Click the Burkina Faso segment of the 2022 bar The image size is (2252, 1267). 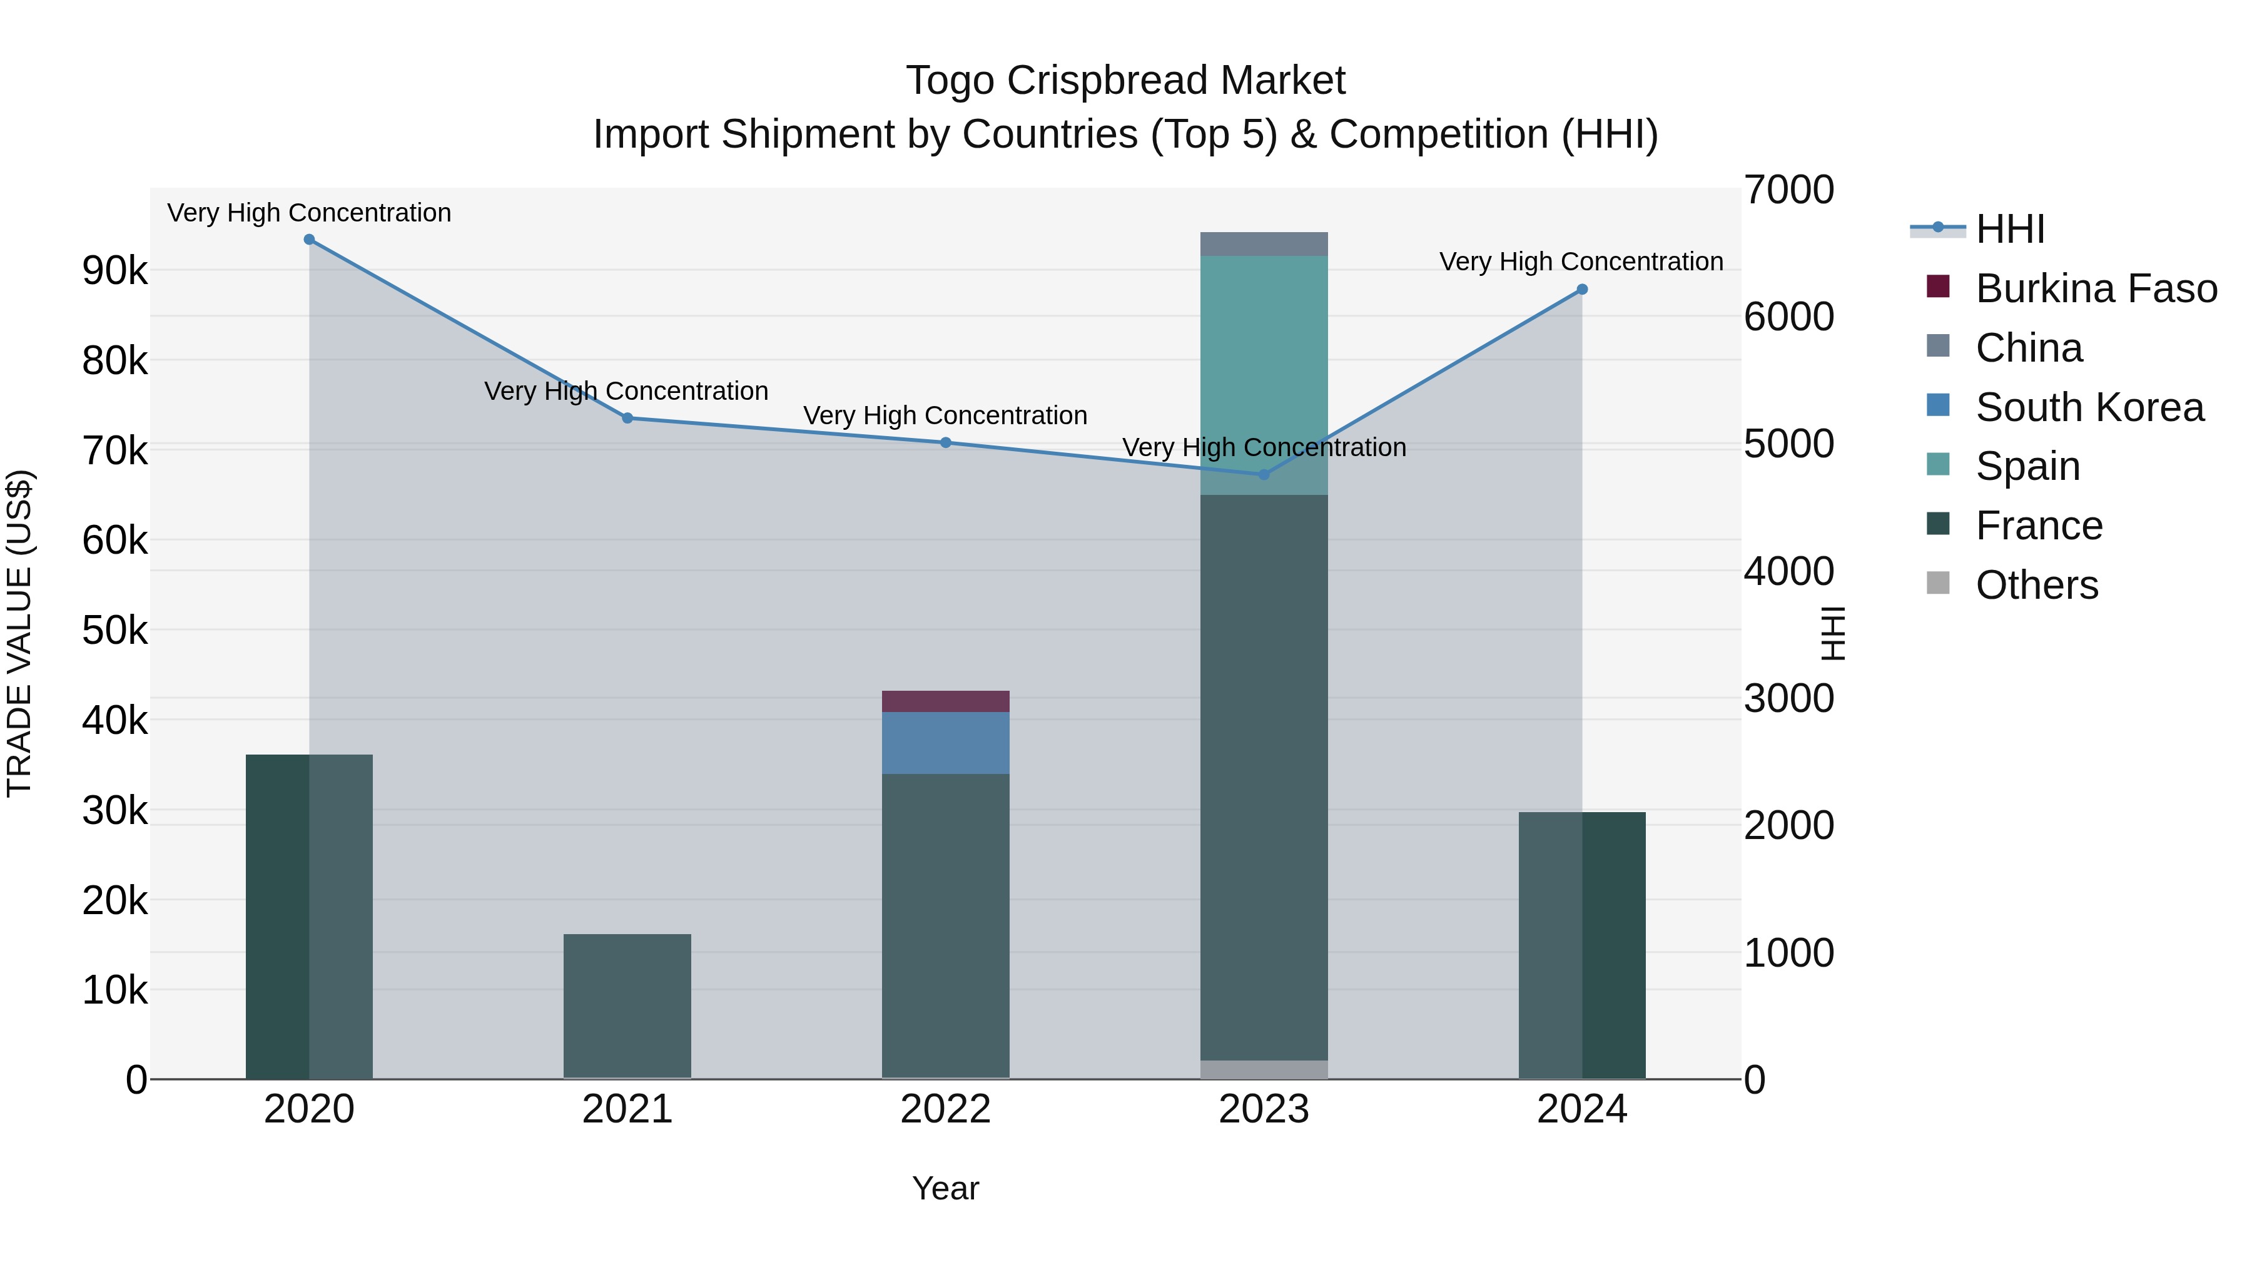coord(945,701)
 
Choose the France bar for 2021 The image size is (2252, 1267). coord(627,1005)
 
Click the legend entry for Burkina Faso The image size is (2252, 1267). coord(2096,288)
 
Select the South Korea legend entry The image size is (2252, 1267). coord(2089,407)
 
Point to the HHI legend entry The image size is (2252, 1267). coord(2009,229)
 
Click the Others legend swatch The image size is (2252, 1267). coord(1938,583)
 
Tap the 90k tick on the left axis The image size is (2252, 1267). coord(114,271)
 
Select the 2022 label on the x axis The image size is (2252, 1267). coord(945,1109)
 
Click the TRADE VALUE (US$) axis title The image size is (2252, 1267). coord(20,633)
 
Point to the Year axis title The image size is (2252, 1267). coord(945,1188)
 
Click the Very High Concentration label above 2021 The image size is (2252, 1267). coord(626,391)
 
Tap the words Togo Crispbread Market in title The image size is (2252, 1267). coord(1125,81)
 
